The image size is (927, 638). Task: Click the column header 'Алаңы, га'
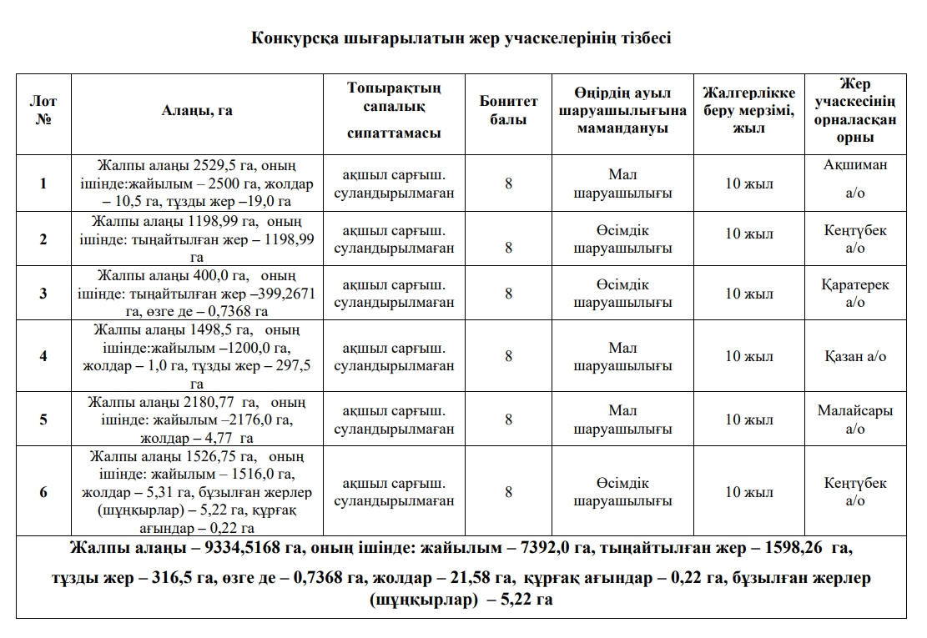coord(197,111)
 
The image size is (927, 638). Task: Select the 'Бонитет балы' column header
coord(508,111)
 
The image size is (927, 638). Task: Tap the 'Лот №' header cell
coord(43,111)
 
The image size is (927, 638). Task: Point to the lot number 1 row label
coord(43,183)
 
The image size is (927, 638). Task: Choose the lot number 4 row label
coord(43,356)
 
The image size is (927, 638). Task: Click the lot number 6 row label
coord(43,492)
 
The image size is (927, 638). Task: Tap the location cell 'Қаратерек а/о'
coord(855,293)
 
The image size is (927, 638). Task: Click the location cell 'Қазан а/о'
coord(855,356)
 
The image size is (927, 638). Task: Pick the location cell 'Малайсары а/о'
coord(855,419)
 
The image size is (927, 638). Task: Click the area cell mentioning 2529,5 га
coord(197,183)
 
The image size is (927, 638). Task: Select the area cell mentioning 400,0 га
coord(197,293)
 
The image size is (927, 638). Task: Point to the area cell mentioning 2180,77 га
coord(197,419)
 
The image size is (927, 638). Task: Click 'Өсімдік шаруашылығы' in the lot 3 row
coord(622,293)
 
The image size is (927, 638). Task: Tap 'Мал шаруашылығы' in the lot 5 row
coord(622,419)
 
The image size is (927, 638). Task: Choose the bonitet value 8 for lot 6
coord(508,492)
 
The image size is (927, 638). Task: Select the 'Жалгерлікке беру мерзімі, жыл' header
coord(748,111)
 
